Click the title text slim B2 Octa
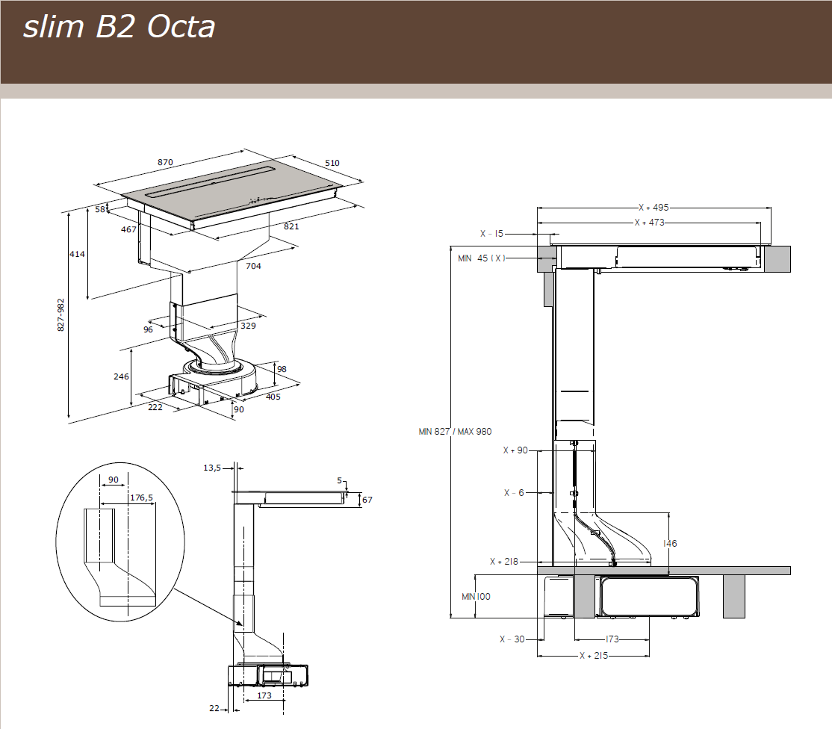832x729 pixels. coord(119,28)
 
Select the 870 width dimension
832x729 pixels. coord(165,162)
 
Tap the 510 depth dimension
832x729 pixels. coord(332,163)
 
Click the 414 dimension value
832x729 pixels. coord(78,254)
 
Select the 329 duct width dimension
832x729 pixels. coord(247,326)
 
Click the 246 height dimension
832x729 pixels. coord(121,376)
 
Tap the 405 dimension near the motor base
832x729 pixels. coord(273,397)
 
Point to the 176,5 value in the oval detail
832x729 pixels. coord(141,497)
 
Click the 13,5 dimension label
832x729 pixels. coord(212,468)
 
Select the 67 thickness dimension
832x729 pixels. coord(367,500)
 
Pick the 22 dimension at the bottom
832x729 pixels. coord(214,708)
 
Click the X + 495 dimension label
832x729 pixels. coord(653,208)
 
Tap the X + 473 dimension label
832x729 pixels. coord(648,222)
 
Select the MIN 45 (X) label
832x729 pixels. coord(482,258)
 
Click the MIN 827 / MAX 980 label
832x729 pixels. coord(456,431)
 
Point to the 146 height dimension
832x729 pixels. coord(670,543)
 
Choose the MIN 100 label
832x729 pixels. coord(476,596)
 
